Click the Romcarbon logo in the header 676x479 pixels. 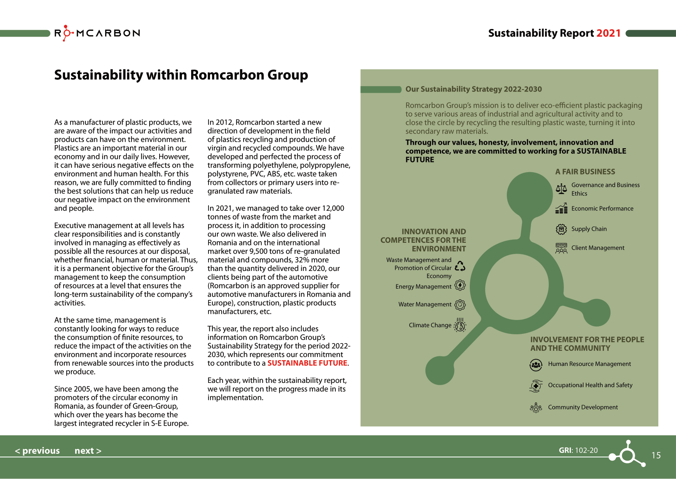tap(97, 33)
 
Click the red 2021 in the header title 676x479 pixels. tap(608, 33)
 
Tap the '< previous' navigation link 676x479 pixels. tap(37, 450)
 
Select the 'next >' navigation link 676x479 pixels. tap(88, 450)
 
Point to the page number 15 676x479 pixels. tap(656, 455)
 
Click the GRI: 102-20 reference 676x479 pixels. tap(578, 450)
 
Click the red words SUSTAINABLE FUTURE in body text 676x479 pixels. tap(307, 363)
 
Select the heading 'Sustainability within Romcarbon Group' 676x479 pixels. tap(181, 75)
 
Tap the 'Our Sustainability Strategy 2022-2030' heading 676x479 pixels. tap(473, 89)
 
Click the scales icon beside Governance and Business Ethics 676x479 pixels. tap(561, 189)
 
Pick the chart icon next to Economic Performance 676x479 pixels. tap(561, 208)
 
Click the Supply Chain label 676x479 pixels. tap(589, 229)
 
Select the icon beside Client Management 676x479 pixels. tap(561, 248)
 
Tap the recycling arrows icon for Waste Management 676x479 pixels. tap(460, 266)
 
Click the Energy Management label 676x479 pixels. tap(423, 286)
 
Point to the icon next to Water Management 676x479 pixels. tap(460, 305)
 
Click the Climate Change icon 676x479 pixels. tap(460, 325)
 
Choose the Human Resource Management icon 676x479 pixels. tap(536, 364)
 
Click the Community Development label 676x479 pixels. tap(583, 407)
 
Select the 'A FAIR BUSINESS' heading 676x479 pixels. tap(585, 172)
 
